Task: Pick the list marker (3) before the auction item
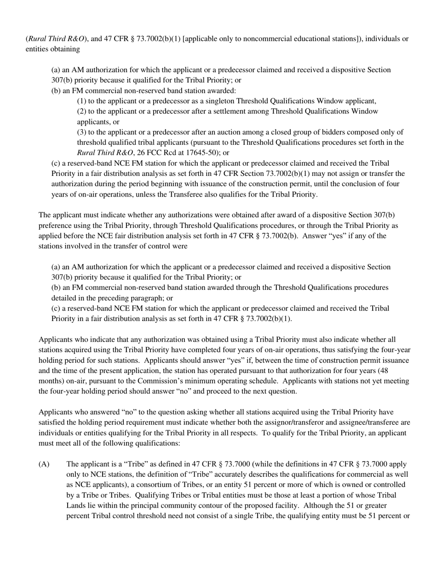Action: (81, 132)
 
